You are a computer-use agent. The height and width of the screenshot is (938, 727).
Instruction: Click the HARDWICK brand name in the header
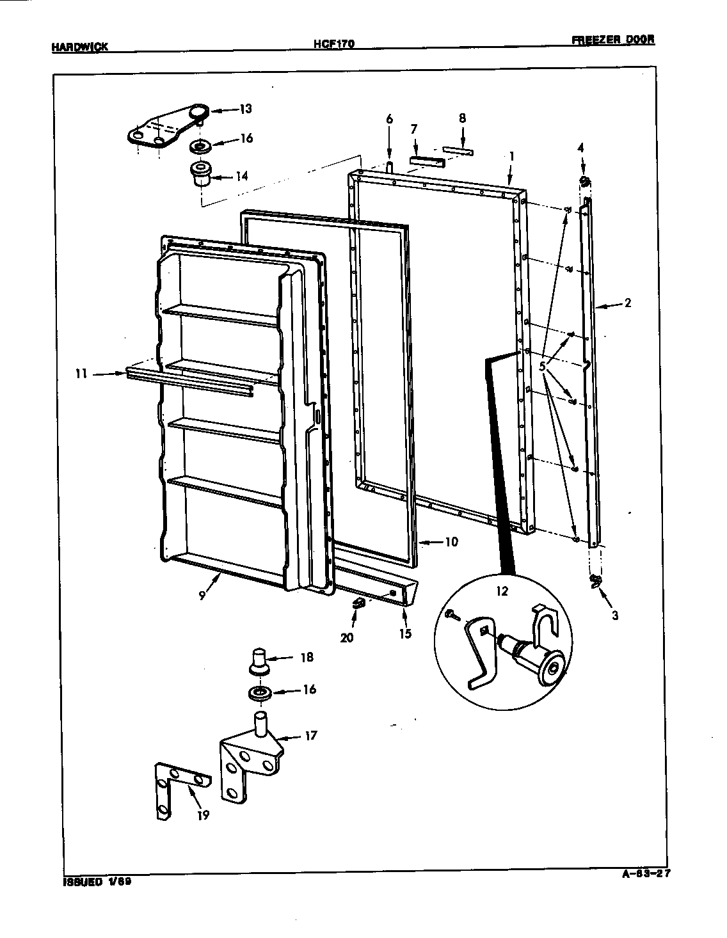(x=79, y=46)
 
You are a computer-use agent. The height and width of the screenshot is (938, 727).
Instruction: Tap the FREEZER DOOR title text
(x=612, y=40)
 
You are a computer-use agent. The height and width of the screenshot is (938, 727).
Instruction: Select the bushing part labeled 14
(x=202, y=173)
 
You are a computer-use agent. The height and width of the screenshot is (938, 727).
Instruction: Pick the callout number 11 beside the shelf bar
(x=81, y=374)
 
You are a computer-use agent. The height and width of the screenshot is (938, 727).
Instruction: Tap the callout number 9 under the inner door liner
(x=202, y=595)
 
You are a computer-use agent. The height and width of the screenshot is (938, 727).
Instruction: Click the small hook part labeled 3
(x=596, y=580)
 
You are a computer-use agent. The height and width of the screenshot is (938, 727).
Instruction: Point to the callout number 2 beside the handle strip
(x=627, y=303)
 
